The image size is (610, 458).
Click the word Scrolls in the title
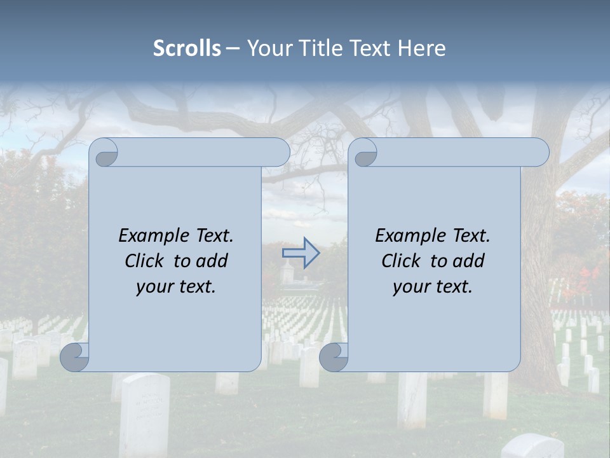click(x=187, y=48)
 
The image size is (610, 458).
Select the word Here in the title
click(x=422, y=48)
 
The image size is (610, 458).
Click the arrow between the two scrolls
click(x=301, y=253)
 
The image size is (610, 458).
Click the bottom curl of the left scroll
click(x=75, y=357)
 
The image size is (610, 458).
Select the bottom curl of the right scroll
click(x=333, y=357)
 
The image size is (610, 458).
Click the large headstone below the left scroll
click(x=144, y=413)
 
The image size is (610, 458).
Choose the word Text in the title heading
click(x=370, y=48)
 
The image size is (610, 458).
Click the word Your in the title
click(x=268, y=48)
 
